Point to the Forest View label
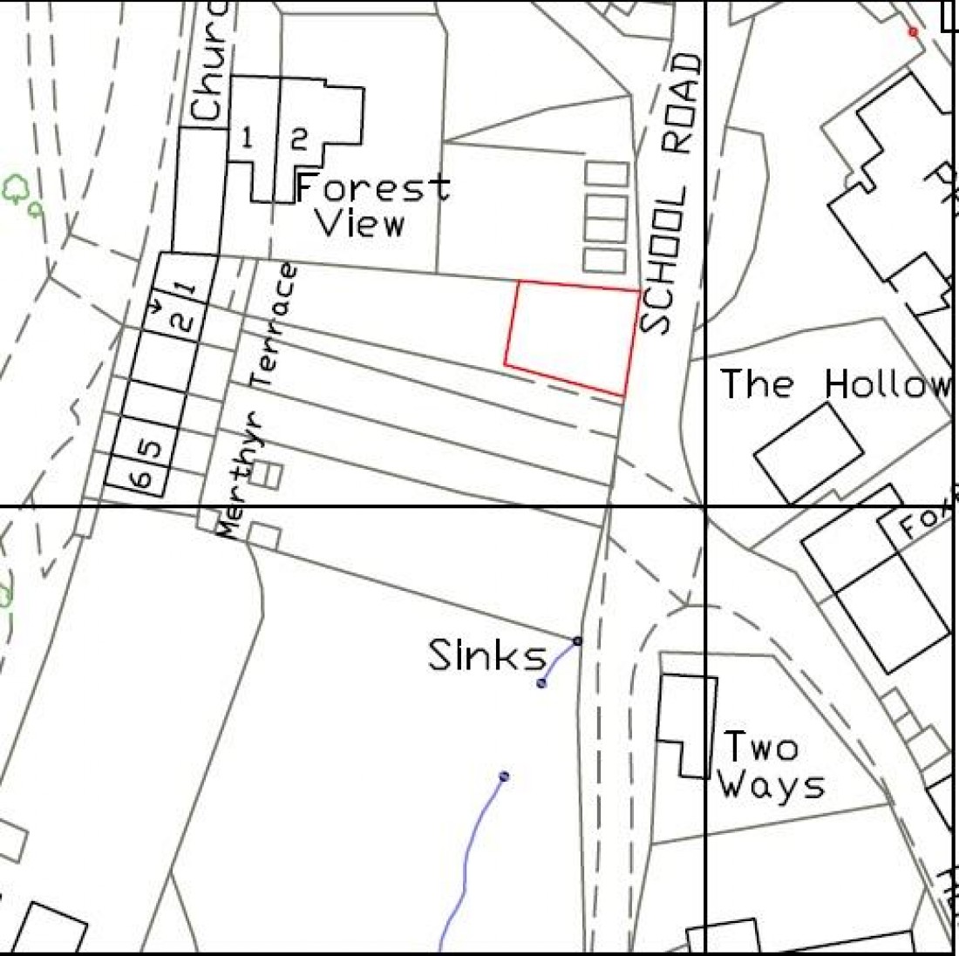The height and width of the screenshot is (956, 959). tap(371, 206)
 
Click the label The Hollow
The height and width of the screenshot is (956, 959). tap(833, 384)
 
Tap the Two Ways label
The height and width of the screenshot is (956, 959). tap(767, 767)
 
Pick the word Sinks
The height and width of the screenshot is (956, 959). tap(486, 655)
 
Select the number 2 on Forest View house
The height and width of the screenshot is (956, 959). tap(299, 139)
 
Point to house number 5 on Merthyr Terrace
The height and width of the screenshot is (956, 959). tap(151, 450)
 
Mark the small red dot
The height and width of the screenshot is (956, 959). tap(913, 32)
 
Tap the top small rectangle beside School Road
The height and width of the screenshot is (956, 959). tap(607, 173)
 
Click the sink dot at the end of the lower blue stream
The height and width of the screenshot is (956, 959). tap(504, 776)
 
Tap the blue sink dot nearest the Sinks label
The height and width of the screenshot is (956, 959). tap(541, 682)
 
